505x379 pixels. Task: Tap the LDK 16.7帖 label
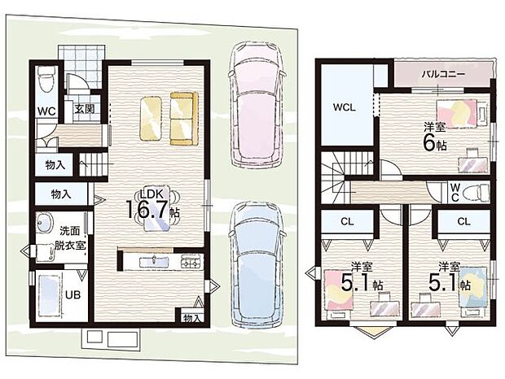152,206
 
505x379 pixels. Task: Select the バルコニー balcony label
443,74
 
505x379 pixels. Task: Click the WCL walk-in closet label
345,107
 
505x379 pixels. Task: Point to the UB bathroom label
72,294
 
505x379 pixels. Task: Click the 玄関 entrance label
85,109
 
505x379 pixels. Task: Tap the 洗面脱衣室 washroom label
69,238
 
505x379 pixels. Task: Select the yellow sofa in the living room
183,118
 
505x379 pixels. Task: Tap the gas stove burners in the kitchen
191,261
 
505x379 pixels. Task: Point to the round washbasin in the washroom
45,223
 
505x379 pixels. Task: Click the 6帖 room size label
435,144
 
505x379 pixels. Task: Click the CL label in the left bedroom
347,221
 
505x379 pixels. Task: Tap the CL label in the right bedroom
463,221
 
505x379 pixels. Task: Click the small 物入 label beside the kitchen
192,318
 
